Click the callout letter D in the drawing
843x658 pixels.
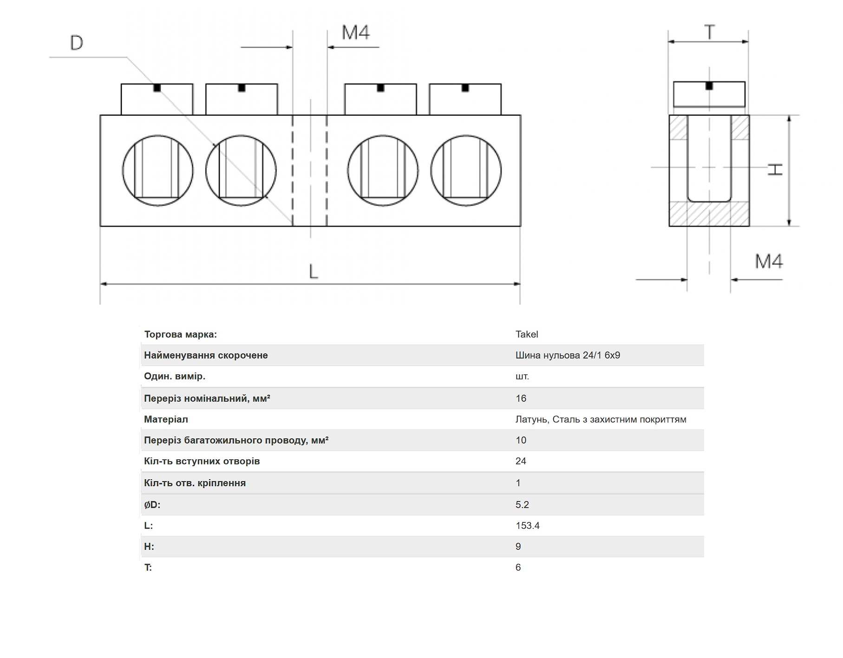(77, 43)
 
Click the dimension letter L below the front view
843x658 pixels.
(314, 272)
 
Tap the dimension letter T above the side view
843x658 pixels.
(709, 33)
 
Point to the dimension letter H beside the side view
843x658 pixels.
(775, 169)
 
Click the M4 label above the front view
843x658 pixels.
(356, 33)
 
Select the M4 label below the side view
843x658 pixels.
(769, 261)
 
